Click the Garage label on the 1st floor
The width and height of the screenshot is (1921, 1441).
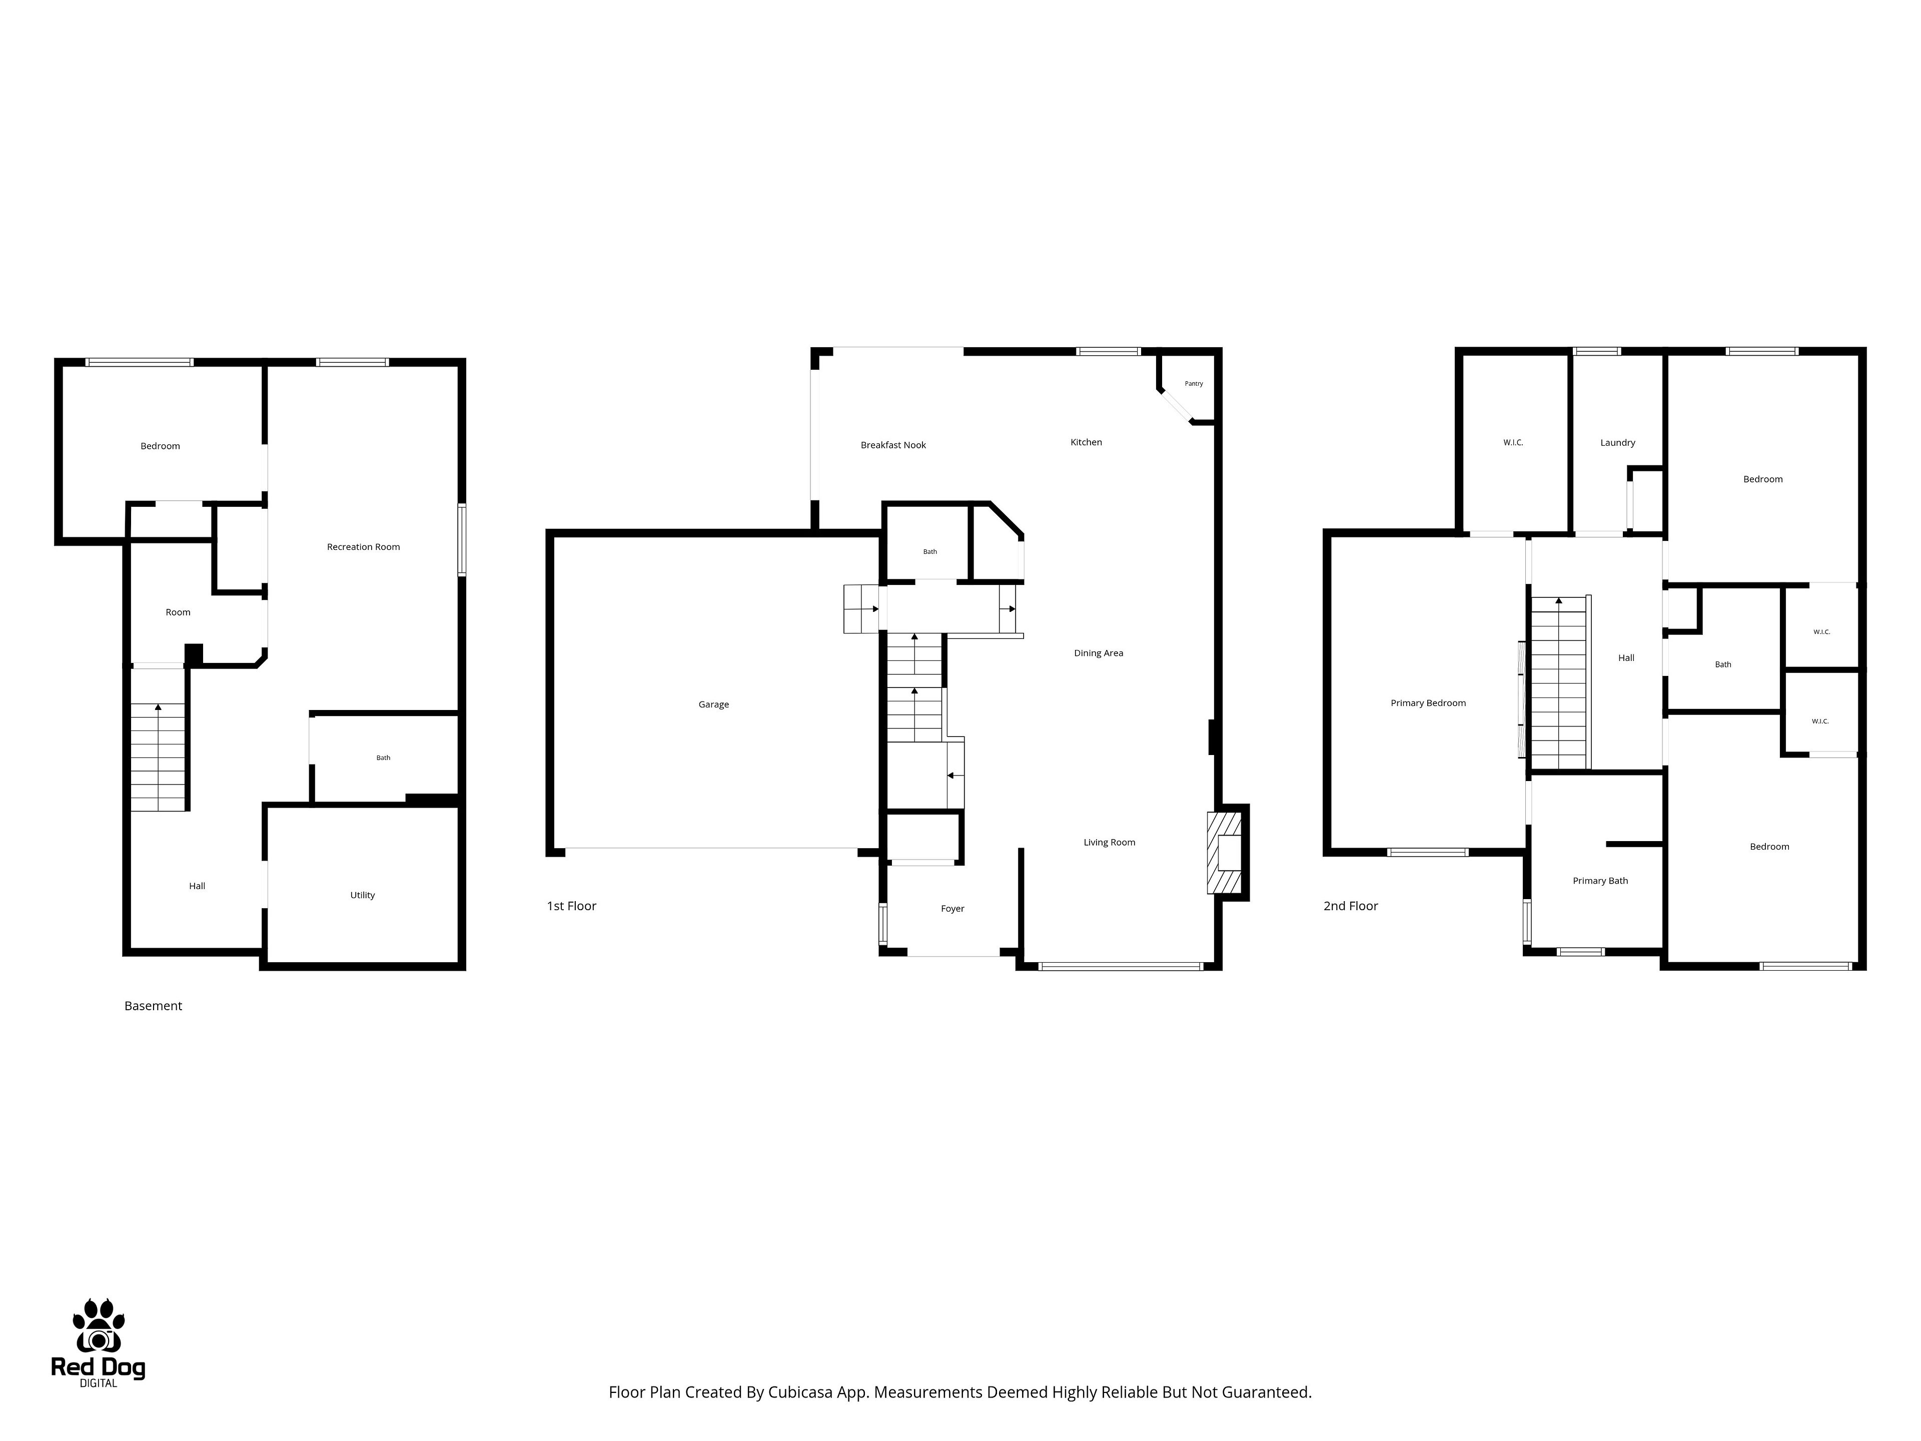(714, 704)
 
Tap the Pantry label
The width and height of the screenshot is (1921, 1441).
(1194, 384)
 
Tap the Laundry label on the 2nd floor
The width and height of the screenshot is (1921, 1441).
(1618, 443)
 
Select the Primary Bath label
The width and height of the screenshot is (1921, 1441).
(1600, 881)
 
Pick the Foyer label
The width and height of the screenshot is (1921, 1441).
(952, 909)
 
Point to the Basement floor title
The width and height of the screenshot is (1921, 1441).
(153, 1006)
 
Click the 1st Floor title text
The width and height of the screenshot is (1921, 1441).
(571, 906)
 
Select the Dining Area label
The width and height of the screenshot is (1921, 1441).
(1099, 653)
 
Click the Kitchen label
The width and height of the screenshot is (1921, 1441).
(1087, 443)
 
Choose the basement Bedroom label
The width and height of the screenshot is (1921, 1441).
(161, 446)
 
